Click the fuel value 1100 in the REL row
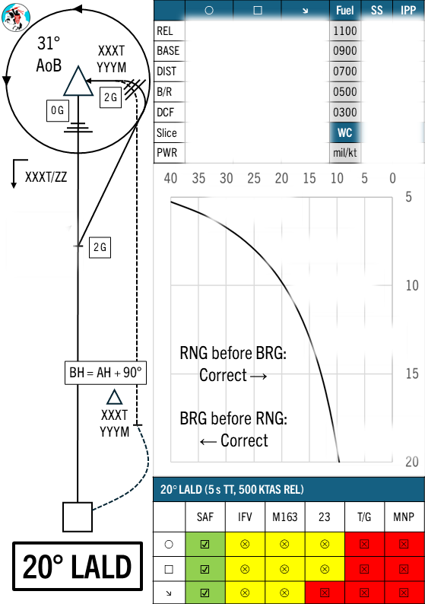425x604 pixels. [345, 30]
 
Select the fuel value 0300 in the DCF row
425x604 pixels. [345, 112]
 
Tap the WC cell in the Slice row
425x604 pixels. [345, 132]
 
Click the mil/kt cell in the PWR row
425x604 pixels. [345, 153]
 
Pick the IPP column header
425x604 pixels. [408, 10]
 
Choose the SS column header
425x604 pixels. [377, 10]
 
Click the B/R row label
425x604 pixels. [164, 92]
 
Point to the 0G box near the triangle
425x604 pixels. [58, 111]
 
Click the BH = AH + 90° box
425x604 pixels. [106, 373]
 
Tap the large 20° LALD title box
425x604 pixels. [78, 566]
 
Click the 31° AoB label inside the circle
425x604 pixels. [49, 54]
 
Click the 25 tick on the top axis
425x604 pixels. [254, 178]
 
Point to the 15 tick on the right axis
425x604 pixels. [412, 374]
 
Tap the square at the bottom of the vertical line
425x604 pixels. [78, 517]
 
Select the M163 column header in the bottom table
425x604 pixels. [285, 517]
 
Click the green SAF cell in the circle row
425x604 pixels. [205, 544]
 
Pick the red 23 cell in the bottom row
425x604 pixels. [325, 593]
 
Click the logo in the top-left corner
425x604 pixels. [16, 17]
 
